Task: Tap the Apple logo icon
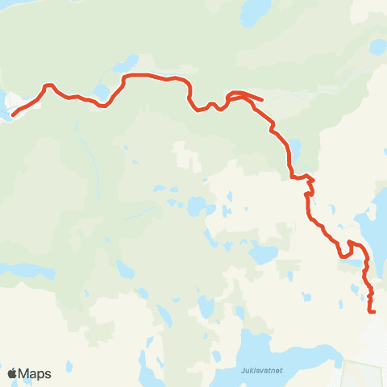pos(13,373)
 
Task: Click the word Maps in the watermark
pos(35,374)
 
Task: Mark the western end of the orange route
pos(12,115)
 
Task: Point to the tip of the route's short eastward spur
pos(262,101)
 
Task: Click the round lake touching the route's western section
pos(101,91)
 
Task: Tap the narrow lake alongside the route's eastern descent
pos(296,150)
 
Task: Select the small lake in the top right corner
pos(377,47)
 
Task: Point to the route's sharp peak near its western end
pos(48,85)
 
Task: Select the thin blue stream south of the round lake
pos(83,141)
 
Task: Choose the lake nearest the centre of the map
pos(196,206)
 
